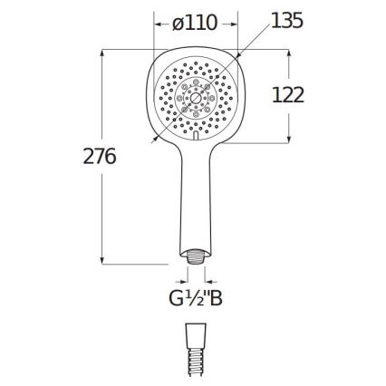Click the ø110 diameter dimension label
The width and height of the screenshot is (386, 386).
pyautogui.click(x=195, y=23)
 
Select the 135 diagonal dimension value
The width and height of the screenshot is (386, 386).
pyautogui.click(x=286, y=21)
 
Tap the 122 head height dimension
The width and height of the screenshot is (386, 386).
pyautogui.click(x=288, y=95)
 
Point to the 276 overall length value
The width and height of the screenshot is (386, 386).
pyautogui.click(x=100, y=156)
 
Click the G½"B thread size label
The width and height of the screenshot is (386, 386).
pyautogui.click(x=196, y=298)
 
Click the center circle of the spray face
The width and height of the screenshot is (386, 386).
pyautogui.click(x=196, y=98)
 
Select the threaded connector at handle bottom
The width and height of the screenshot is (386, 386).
pyautogui.click(x=196, y=256)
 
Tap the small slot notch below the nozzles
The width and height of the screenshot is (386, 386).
pyautogui.click(x=196, y=135)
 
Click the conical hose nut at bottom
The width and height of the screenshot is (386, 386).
pyautogui.click(x=196, y=333)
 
